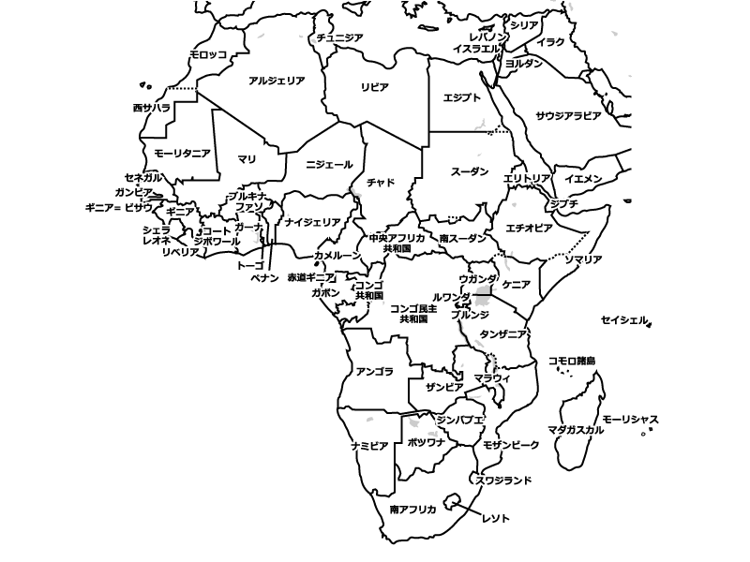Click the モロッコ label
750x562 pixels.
click(207, 55)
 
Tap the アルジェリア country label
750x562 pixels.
click(277, 81)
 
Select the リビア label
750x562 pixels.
click(375, 86)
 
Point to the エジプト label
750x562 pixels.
click(461, 97)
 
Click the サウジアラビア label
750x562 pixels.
click(568, 116)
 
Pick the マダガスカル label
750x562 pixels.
click(575, 430)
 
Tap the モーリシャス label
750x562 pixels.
click(631, 419)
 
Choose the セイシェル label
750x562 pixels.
click(624, 320)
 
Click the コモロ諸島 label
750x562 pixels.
click(572, 361)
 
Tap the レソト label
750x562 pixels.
click(495, 517)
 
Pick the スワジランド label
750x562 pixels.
click(504, 481)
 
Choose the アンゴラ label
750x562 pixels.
click(375, 371)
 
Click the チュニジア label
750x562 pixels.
click(340, 37)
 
